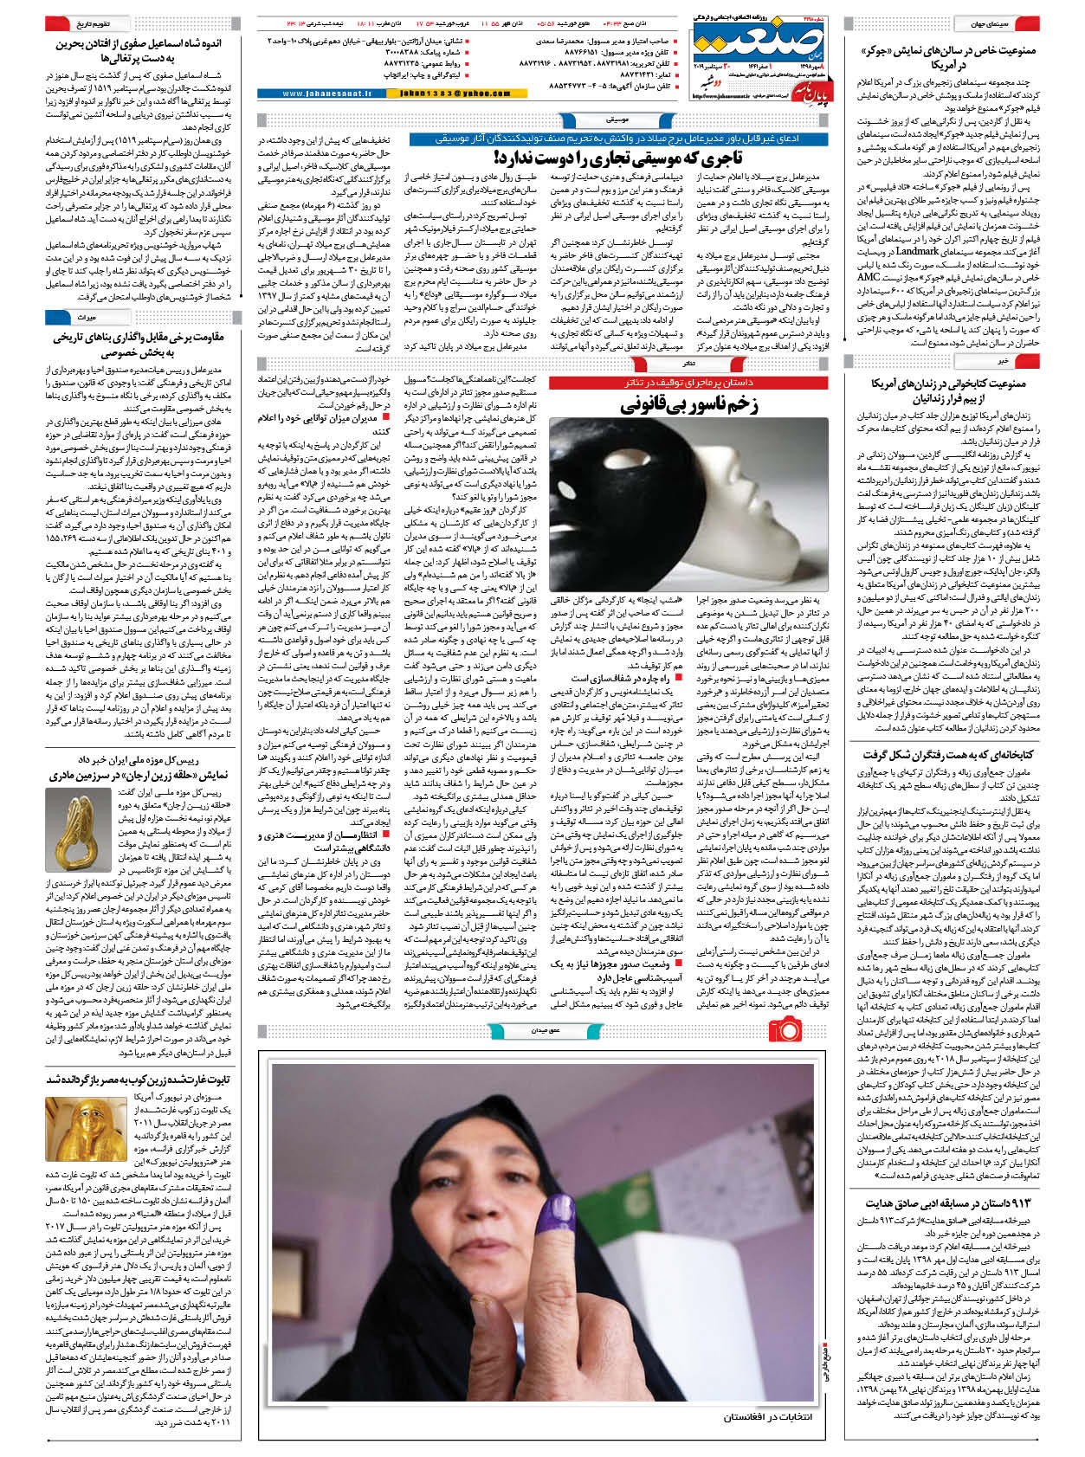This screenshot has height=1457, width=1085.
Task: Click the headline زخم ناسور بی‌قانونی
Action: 689,404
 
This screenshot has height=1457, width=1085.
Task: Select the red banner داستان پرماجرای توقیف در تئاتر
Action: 688,382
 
